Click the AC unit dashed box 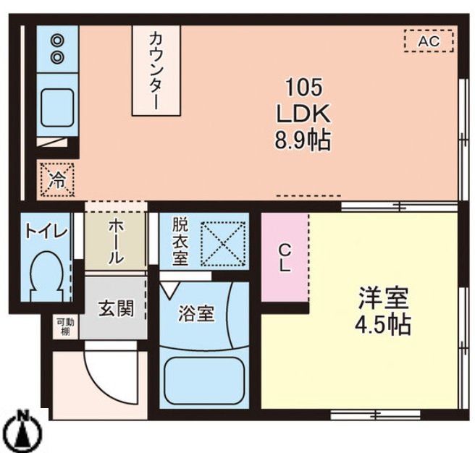click(x=428, y=41)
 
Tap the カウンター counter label click(x=155, y=69)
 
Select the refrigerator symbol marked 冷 click(x=56, y=179)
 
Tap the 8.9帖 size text click(x=303, y=140)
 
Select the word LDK click(x=303, y=114)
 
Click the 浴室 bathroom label click(x=196, y=314)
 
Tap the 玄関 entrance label click(x=116, y=309)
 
